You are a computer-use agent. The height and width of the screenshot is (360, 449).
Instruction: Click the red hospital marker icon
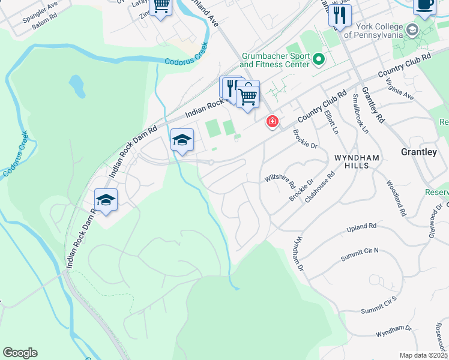point(273,122)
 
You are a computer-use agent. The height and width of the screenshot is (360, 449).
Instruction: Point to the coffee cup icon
point(424,5)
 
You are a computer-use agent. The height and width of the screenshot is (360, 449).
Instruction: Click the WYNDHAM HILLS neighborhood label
point(357,161)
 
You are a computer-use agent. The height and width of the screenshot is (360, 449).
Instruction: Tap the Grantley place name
point(418,152)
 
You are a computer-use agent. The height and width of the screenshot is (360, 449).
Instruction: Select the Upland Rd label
point(361,228)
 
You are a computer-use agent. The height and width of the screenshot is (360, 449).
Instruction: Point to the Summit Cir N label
point(360,254)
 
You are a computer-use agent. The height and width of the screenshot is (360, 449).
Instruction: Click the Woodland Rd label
point(396,199)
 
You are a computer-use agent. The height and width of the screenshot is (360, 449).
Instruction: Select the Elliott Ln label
point(331,122)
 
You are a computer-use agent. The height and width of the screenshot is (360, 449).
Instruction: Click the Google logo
point(20,353)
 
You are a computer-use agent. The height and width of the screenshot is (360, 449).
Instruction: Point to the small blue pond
point(76,86)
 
